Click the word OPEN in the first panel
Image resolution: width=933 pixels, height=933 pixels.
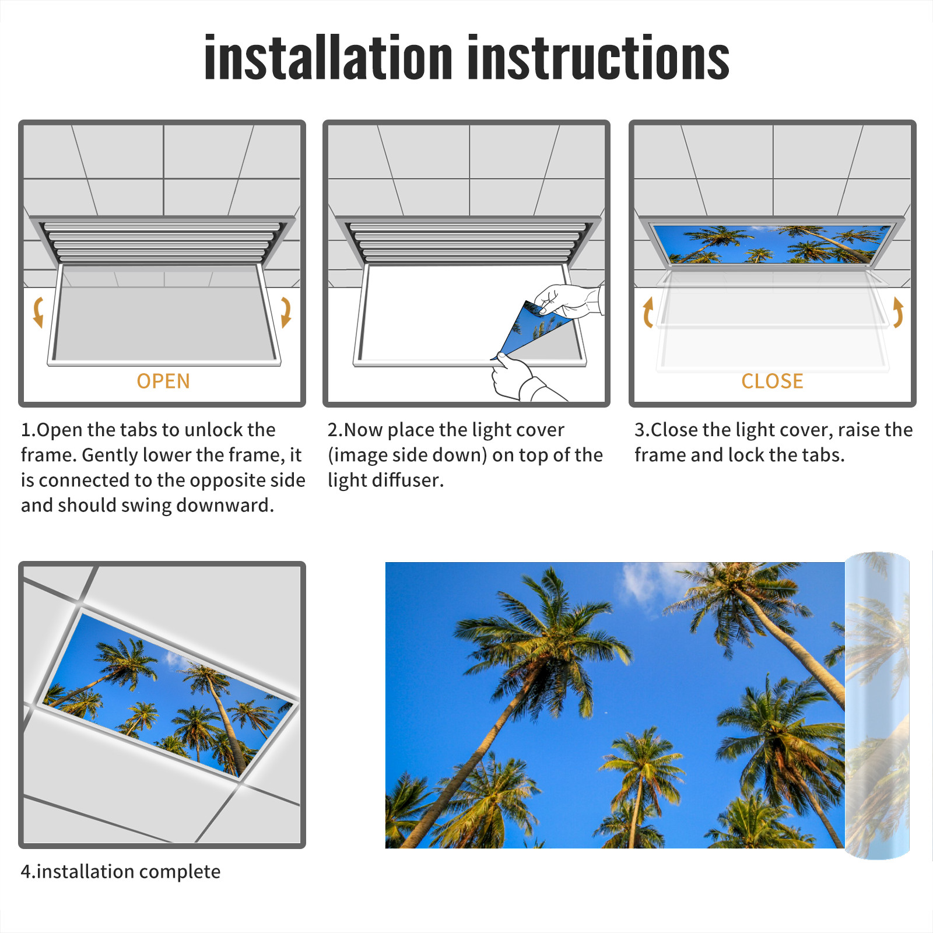[x=163, y=381]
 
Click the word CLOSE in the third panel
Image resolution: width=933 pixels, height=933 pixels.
[x=772, y=381]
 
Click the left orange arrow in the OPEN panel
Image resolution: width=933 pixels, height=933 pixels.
[x=38, y=312]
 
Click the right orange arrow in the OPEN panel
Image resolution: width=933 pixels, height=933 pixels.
[x=286, y=312]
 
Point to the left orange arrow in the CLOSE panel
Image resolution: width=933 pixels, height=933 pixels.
[x=648, y=312]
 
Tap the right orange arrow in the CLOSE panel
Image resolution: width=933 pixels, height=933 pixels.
[x=898, y=312]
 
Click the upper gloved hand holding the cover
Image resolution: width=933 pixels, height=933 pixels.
[x=569, y=300]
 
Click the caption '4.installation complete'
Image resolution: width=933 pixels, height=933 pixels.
[x=121, y=872]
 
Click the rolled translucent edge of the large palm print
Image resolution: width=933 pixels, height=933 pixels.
[x=877, y=706]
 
